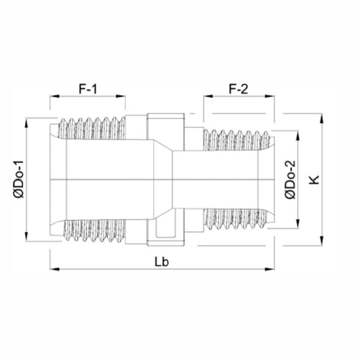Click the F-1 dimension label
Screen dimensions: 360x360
[x=88, y=89]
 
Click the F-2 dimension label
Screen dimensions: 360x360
[x=239, y=89]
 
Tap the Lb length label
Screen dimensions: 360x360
[x=161, y=262]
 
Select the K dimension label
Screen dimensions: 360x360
[x=314, y=179]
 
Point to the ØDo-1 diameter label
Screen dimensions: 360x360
[x=19, y=179]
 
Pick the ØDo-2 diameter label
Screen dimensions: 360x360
[x=290, y=179]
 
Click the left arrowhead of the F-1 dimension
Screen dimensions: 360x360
[x=55, y=96]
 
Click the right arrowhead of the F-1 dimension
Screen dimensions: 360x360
[x=121, y=96]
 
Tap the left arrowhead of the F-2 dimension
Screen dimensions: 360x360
[x=208, y=96]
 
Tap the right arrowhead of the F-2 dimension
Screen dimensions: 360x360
[x=270, y=96]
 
